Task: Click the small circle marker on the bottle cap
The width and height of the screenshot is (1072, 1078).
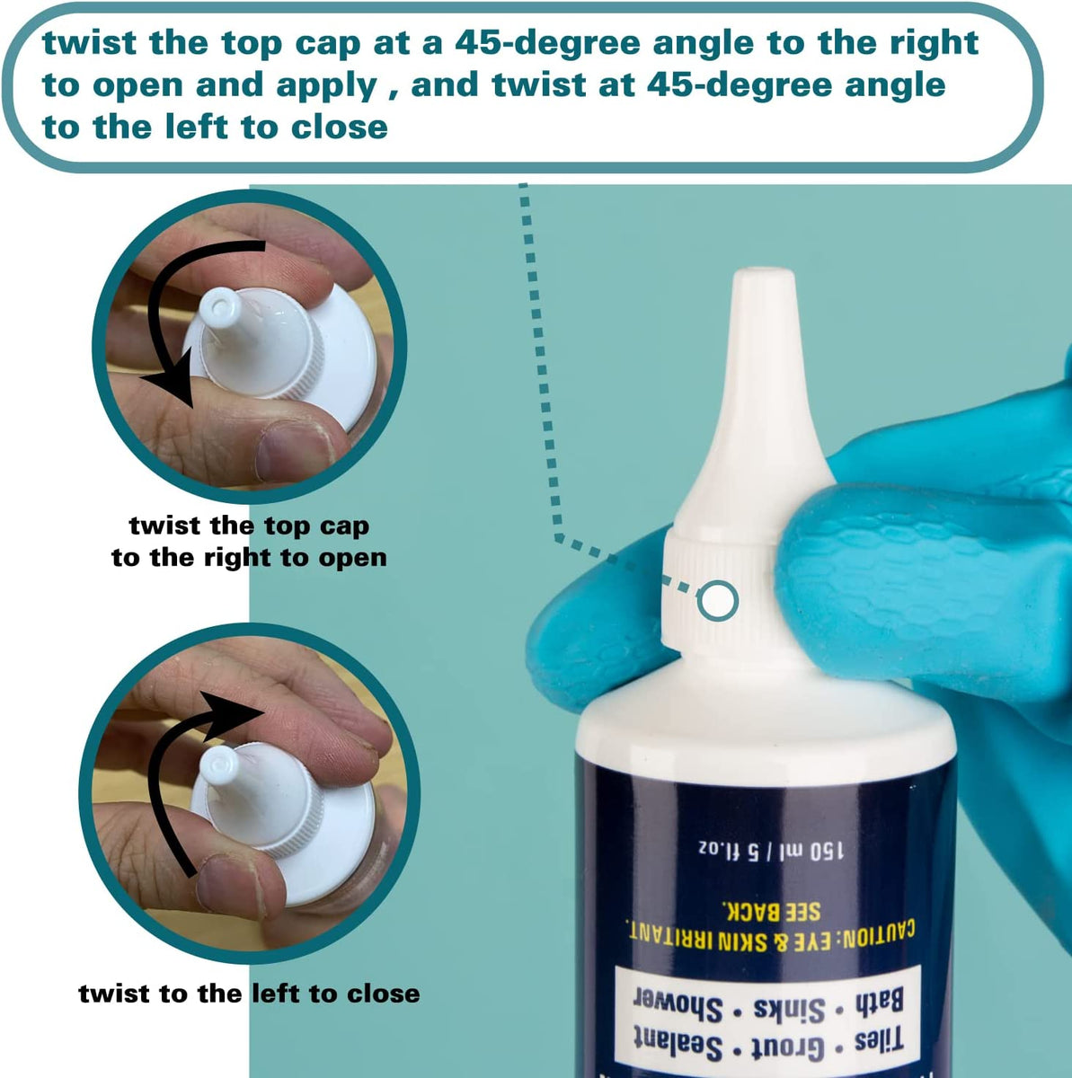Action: pos(717,600)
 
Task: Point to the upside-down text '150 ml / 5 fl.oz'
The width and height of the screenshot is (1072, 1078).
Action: pos(764,849)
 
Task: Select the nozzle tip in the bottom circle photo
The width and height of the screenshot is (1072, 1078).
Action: pos(218,765)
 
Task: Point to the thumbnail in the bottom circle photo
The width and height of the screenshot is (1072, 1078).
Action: pos(226,884)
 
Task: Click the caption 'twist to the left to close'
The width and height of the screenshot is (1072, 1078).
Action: pos(249,994)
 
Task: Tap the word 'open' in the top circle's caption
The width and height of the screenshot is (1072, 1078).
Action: pos(352,558)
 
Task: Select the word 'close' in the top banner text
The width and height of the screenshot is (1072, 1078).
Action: pos(339,127)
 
